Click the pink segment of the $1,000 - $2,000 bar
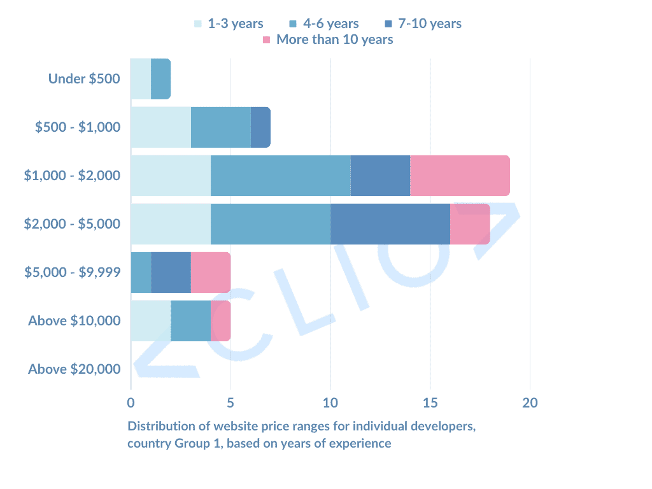(460, 175)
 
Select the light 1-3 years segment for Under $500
(141, 79)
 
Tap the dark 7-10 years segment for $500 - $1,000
(260, 127)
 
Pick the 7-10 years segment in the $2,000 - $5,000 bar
(390, 223)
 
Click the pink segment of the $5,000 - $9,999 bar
(211, 272)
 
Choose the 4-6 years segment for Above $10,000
(190, 320)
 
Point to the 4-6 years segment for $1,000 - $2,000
(280, 175)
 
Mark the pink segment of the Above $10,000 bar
(220, 320)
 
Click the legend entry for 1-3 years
(229, 24)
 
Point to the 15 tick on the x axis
(430, 402)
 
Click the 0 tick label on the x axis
(131, 402)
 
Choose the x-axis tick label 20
(530, 402)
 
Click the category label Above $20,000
(74, 369)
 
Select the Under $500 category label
(84, 79)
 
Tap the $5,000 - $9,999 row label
(73, 272)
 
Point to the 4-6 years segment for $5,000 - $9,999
(141, 272)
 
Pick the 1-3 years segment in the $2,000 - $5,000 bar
(171, 223)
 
